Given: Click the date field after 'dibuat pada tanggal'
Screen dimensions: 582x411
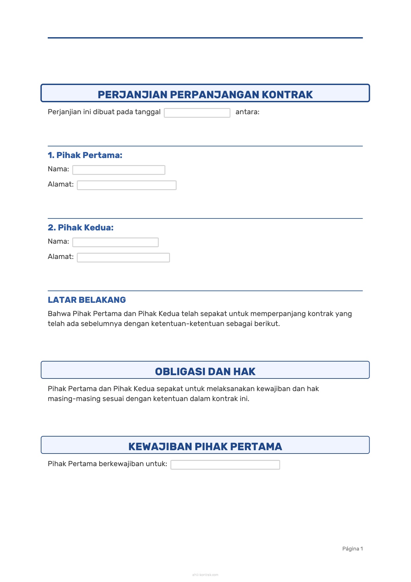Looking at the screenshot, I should click(197, 113).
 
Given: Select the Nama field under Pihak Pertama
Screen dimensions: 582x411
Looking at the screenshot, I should click(119, 170).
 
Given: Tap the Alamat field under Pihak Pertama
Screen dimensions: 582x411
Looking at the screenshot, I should click(127, 185).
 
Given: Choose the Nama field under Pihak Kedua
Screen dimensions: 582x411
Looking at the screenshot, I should click(115, 242).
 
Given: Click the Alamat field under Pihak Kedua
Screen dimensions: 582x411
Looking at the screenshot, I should click(123, 258).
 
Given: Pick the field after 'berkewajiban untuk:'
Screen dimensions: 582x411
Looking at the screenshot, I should click(225, 465).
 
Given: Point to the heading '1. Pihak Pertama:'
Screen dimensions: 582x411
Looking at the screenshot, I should click(85, 155).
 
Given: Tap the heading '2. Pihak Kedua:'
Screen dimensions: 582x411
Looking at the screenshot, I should click(81, 227).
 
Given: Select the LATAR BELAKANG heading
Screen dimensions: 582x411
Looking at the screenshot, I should click(87, 300).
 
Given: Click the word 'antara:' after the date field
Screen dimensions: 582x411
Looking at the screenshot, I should click(247, 112).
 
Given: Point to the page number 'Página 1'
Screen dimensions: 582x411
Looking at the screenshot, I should click(352, 548).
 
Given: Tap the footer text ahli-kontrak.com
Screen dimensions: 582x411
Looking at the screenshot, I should click(205, 575).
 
